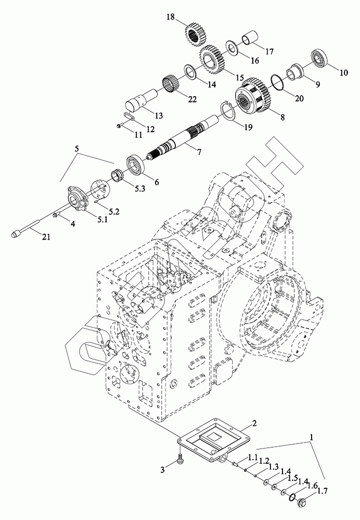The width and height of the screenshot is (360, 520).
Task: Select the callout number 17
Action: [x=269, y=51]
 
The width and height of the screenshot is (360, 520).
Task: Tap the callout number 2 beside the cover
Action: [x=254, y=423]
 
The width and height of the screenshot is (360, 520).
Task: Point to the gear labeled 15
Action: [x=212, y=60]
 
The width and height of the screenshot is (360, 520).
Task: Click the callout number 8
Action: [x=282, y=117]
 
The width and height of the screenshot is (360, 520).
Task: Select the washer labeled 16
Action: [x=234, y=47]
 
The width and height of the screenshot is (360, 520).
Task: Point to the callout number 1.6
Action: [x=313, y=485]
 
